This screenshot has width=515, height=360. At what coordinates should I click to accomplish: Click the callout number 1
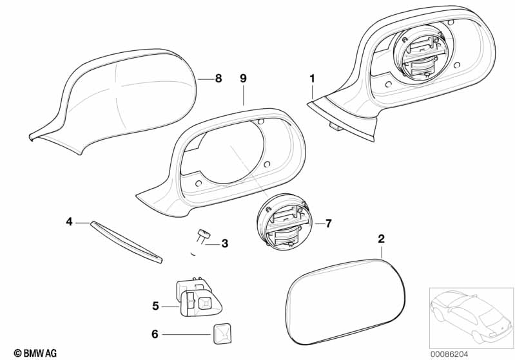[312, 79]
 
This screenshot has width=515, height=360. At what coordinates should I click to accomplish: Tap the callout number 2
[381, 239]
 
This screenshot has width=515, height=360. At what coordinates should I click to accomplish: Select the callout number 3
[224, 243]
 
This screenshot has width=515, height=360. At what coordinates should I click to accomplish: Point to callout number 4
[69, 222]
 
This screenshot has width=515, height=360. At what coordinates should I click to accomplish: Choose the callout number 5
[155, 306]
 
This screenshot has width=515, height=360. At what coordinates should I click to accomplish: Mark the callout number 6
[155, 334]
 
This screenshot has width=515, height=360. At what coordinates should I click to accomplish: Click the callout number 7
[327, 223]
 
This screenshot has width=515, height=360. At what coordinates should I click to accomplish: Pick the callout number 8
[218, 79]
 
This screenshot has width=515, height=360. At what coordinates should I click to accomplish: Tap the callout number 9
[243, 78]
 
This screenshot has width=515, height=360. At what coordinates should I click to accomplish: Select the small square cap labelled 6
[221, 333]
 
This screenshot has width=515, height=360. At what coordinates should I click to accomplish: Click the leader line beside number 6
[187, 334]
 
